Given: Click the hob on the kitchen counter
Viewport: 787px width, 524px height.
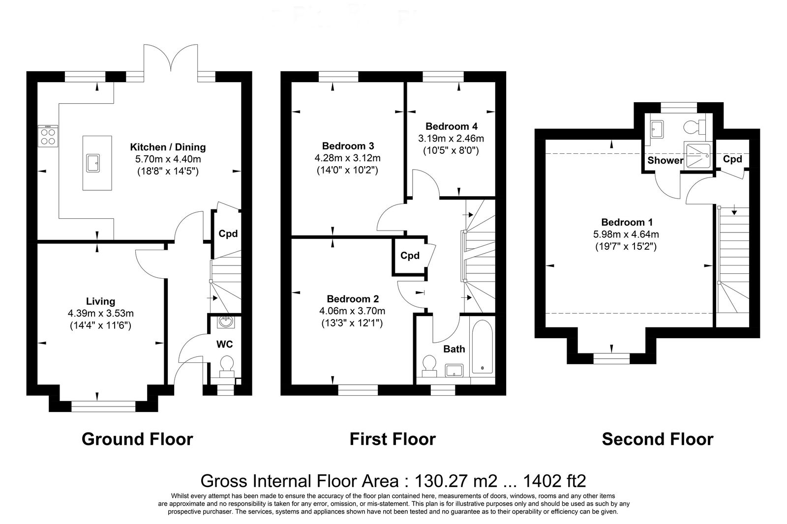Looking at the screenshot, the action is coord(48,136).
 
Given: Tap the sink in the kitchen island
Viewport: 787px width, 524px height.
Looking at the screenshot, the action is coord(93,163).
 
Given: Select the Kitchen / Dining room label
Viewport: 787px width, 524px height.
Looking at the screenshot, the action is coord(168,147).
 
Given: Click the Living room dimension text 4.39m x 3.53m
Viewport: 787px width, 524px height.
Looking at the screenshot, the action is coord(101,313).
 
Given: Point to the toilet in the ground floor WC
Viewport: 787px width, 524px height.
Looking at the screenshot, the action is coord(227,367).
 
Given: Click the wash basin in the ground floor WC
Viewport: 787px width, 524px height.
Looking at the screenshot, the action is coord(226,322).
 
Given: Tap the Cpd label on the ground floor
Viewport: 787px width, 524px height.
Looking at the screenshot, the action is coord(228,233).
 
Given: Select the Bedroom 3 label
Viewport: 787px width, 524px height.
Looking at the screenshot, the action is coord(348,146).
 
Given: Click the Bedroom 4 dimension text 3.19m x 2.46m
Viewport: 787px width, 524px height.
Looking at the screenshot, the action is coord(451,139).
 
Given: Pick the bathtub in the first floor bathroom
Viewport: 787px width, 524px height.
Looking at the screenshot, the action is coord(483,347).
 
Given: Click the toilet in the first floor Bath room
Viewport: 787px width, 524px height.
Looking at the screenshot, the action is coord(429,366).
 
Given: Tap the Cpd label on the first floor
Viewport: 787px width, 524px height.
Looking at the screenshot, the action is coord(410,255).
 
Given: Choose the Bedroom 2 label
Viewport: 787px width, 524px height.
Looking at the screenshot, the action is coord(353,299).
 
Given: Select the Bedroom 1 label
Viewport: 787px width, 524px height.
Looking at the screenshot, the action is coord(627,222).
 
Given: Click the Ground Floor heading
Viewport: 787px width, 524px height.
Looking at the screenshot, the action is coord(137,439).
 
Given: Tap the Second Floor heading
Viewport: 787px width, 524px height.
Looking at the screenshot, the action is coord(658,439).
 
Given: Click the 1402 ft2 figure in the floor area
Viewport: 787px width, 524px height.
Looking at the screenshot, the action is coord(554,481).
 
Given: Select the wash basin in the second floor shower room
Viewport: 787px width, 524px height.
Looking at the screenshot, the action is coord(657,130).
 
